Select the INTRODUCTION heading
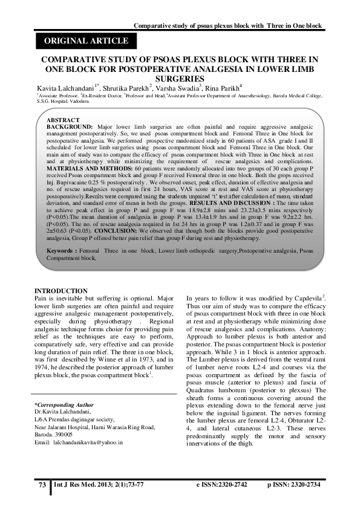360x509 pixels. pos(61,291)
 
